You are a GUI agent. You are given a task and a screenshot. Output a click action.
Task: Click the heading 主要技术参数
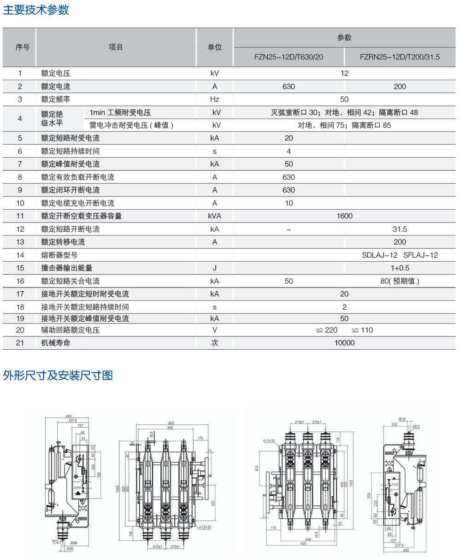tap(36, 10)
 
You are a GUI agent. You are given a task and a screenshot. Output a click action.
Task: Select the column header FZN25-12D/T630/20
tap(288, 58)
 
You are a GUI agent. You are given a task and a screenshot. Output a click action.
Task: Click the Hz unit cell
tap(214, 99)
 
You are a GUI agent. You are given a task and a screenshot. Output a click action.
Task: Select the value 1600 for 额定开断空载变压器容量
tap(344, 216)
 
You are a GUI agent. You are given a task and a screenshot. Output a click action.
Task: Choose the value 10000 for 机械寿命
tap(344, 343)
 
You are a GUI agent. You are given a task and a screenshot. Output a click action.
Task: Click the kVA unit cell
tap(214, 216)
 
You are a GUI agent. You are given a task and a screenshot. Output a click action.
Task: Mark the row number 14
tap(20, 255)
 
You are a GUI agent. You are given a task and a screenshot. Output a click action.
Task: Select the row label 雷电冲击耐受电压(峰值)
tap(132, 125)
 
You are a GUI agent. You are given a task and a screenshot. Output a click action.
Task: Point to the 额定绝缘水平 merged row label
tap(52, 118)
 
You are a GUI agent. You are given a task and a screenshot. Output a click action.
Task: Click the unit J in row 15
tap(214, 268)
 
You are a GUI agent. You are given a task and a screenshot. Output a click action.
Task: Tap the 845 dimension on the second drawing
tap(171, 423)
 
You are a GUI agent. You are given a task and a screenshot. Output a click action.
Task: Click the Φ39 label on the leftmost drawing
tap(70, 548)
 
